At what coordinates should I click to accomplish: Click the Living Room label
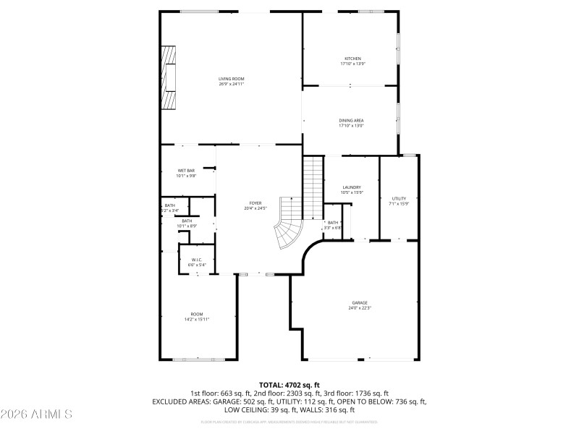point(232,78)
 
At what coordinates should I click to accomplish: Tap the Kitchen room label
point(352,59)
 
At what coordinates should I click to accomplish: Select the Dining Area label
point(351,120)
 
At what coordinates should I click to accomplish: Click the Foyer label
point(255,203)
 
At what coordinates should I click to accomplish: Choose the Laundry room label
point(352,187)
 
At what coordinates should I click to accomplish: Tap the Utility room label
point(400,198)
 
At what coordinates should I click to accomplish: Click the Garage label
point(360,302)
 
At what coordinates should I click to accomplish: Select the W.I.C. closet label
point(197,259)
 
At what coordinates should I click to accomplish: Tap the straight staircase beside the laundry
point(312,188)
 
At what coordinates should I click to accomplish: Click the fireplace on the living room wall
point(169,77)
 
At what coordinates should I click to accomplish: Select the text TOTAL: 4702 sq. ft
point(289,385)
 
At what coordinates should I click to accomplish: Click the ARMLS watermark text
point(36,414)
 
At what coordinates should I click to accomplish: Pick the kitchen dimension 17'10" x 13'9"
point(352,64)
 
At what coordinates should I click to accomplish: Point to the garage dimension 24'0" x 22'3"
point(360,307)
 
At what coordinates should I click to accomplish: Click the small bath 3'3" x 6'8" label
point(333,225)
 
